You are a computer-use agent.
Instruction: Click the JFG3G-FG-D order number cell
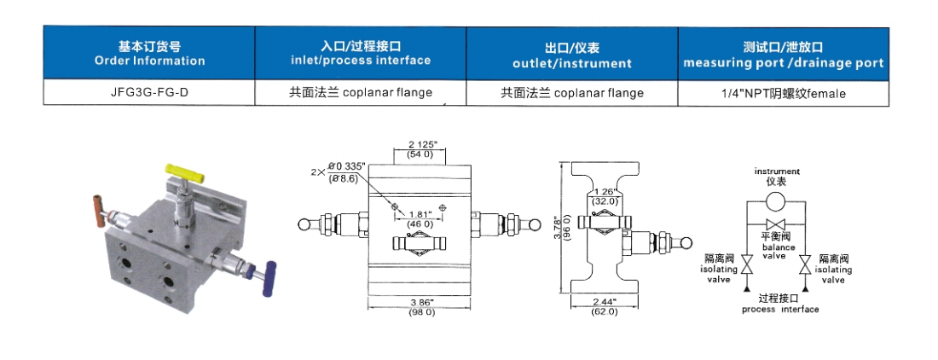(149, 93)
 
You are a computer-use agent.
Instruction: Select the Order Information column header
(149, 53)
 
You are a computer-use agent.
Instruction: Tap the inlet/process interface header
(361, 53)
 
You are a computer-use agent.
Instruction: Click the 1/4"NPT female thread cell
(783, 93)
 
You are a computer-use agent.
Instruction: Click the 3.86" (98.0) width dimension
(420, 307)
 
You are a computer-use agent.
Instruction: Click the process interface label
(775, 305)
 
